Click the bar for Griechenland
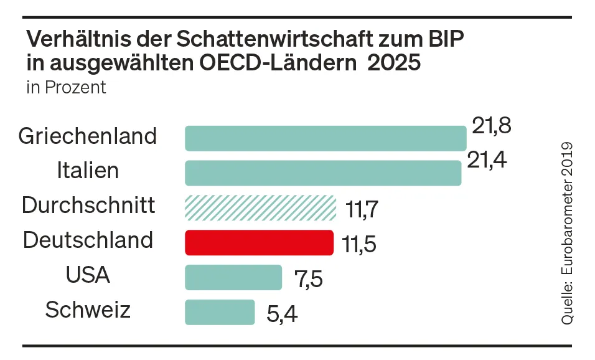pyautogui.click(x=326, y=138)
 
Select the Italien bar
pyautogui.click(x=323, y=173)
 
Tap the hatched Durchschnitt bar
pyautogui.click(x=260, y=208)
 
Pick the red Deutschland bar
pyautogui.click(x=260, y=243)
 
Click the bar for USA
pyautogui.click(x=233, y=278)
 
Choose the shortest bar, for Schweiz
pyautogui.click(x=220, y=313)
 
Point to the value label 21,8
pyautogui.click(x=491, y=126)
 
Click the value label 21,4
pyautogui.click(x=487, y=161)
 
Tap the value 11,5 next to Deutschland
pyautogui.click(x=359, y=245)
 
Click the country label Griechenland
pyautogui.click(x=87, y=136)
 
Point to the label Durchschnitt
pyautogui.click(x=88, y=205)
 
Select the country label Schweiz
pyautogui.click(x=88, y=310)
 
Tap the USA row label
pyautogui.click(x=88, y=275)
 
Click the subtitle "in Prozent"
pyautogui.click(x=66, y=87)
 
